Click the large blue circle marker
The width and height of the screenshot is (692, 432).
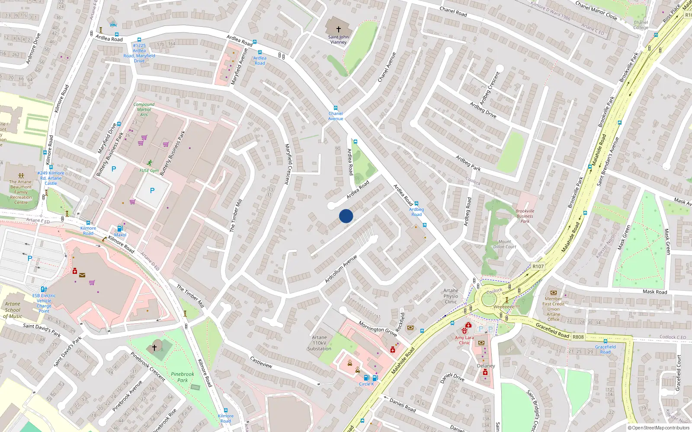(x=346, y=216)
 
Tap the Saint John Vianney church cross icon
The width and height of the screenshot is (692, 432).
(x=338, y=29)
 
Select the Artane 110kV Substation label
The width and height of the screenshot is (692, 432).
(x=319, y=343)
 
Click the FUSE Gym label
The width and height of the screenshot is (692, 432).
(x=149, y=171)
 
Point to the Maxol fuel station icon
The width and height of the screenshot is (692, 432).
(x=120, y=229)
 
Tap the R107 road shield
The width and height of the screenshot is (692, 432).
(x=538, y=267)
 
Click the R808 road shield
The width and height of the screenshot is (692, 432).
(x=578, y=337)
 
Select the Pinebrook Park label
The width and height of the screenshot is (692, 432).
(x=183, y=377)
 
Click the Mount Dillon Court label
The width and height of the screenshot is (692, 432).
(x=505, y=244)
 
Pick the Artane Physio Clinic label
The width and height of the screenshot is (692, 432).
(x=451, y=296)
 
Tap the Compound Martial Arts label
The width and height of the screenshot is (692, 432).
(x=144, y=109)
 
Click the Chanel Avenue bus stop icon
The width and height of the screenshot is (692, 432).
(x=335, y=108)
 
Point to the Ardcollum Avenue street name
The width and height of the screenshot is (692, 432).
(x=341, y=269)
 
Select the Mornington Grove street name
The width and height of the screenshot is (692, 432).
(x=378, y=329)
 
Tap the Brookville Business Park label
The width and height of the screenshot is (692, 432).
(x=525, y=216)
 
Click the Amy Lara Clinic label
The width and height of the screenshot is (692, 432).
(x=464, y=340)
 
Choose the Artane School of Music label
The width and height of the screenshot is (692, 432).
(x=13, y=310)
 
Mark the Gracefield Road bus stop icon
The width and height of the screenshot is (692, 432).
(x=605, y=341)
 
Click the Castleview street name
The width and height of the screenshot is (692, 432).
(x=261, y=362)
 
